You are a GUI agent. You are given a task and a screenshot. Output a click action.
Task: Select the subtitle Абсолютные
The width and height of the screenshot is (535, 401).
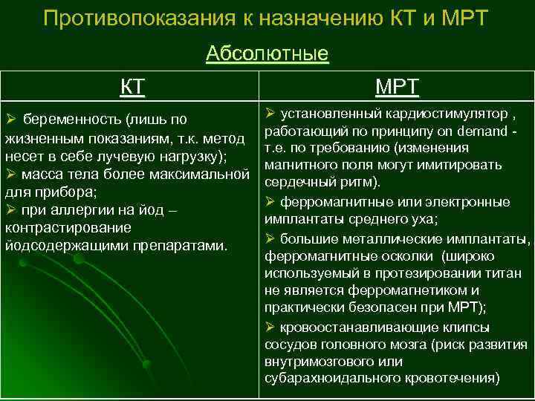click(267, 53)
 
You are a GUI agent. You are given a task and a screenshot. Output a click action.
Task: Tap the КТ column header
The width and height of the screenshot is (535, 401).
click(132, 87)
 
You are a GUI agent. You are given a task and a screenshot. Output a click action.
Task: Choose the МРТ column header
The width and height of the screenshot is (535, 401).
click(397, 88)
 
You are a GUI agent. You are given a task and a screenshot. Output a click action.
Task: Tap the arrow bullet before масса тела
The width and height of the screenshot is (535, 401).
click(11, 175)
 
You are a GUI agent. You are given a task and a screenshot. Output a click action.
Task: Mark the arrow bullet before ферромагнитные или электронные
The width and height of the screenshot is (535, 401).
click(270, 201)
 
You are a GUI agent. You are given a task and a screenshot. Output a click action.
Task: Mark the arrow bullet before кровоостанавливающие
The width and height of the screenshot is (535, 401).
click(270, 326)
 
